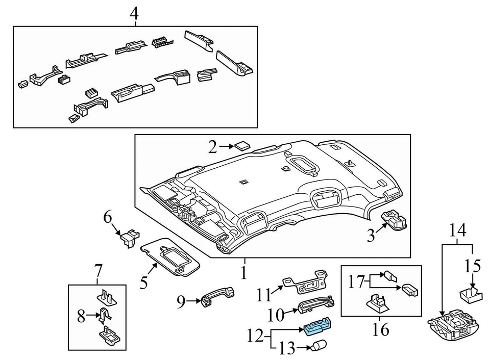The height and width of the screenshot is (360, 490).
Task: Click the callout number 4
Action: point(134,14)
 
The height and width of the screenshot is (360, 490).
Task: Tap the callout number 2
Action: point(212,148)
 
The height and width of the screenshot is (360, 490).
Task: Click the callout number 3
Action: point(371,236)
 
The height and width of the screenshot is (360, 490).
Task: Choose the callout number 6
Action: point(108,217)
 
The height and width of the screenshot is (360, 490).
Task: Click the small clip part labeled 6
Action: point(128,236)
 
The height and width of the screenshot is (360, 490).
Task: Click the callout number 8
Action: point(81,316)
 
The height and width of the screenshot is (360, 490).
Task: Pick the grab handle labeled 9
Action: point(218,298)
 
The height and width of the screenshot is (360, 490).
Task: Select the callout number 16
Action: point(380,330)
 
